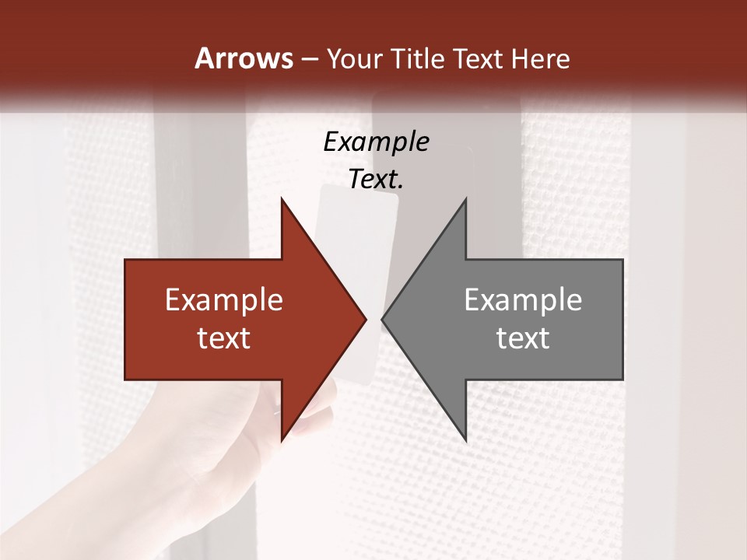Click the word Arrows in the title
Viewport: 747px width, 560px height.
tap(244, 58)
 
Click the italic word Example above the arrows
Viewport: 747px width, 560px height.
tap(376, 142)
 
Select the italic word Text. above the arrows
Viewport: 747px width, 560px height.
tap(376, 179)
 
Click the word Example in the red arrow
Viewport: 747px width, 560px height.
tap(224, 300)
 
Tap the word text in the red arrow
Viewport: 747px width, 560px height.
tap(224, 338)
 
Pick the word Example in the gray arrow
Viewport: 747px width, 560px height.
tap(523, 300)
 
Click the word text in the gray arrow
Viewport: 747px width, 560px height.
tap(523, 338)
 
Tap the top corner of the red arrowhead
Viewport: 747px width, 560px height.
tap(282, 200)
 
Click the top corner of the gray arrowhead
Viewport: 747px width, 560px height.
tap(465, 200)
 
